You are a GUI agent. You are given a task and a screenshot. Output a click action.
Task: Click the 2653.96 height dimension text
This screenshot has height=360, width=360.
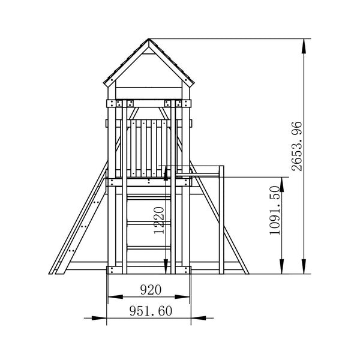click(296, 146)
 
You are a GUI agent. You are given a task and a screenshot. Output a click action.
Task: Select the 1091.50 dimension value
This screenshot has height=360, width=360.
click(275, 211)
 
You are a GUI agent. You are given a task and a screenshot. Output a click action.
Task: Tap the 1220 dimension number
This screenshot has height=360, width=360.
click(159, 220)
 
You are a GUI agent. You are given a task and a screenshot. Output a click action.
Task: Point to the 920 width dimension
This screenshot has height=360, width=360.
click(151, 290)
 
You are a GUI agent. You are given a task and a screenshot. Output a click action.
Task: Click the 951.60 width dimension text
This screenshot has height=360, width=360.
click(151, 311)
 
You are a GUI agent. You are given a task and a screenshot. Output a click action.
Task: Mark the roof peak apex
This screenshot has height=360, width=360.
click(149, 39)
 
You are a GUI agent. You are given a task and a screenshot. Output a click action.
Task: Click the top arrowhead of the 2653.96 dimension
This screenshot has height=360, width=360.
click(304, 46)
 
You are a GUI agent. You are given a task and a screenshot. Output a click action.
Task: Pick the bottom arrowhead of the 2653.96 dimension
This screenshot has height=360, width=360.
click(304, 266)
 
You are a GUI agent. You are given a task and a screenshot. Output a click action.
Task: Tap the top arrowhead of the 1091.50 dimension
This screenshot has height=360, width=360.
click(282, 185)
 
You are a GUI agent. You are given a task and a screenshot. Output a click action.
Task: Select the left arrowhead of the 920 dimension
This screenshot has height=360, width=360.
click(115, 297)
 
